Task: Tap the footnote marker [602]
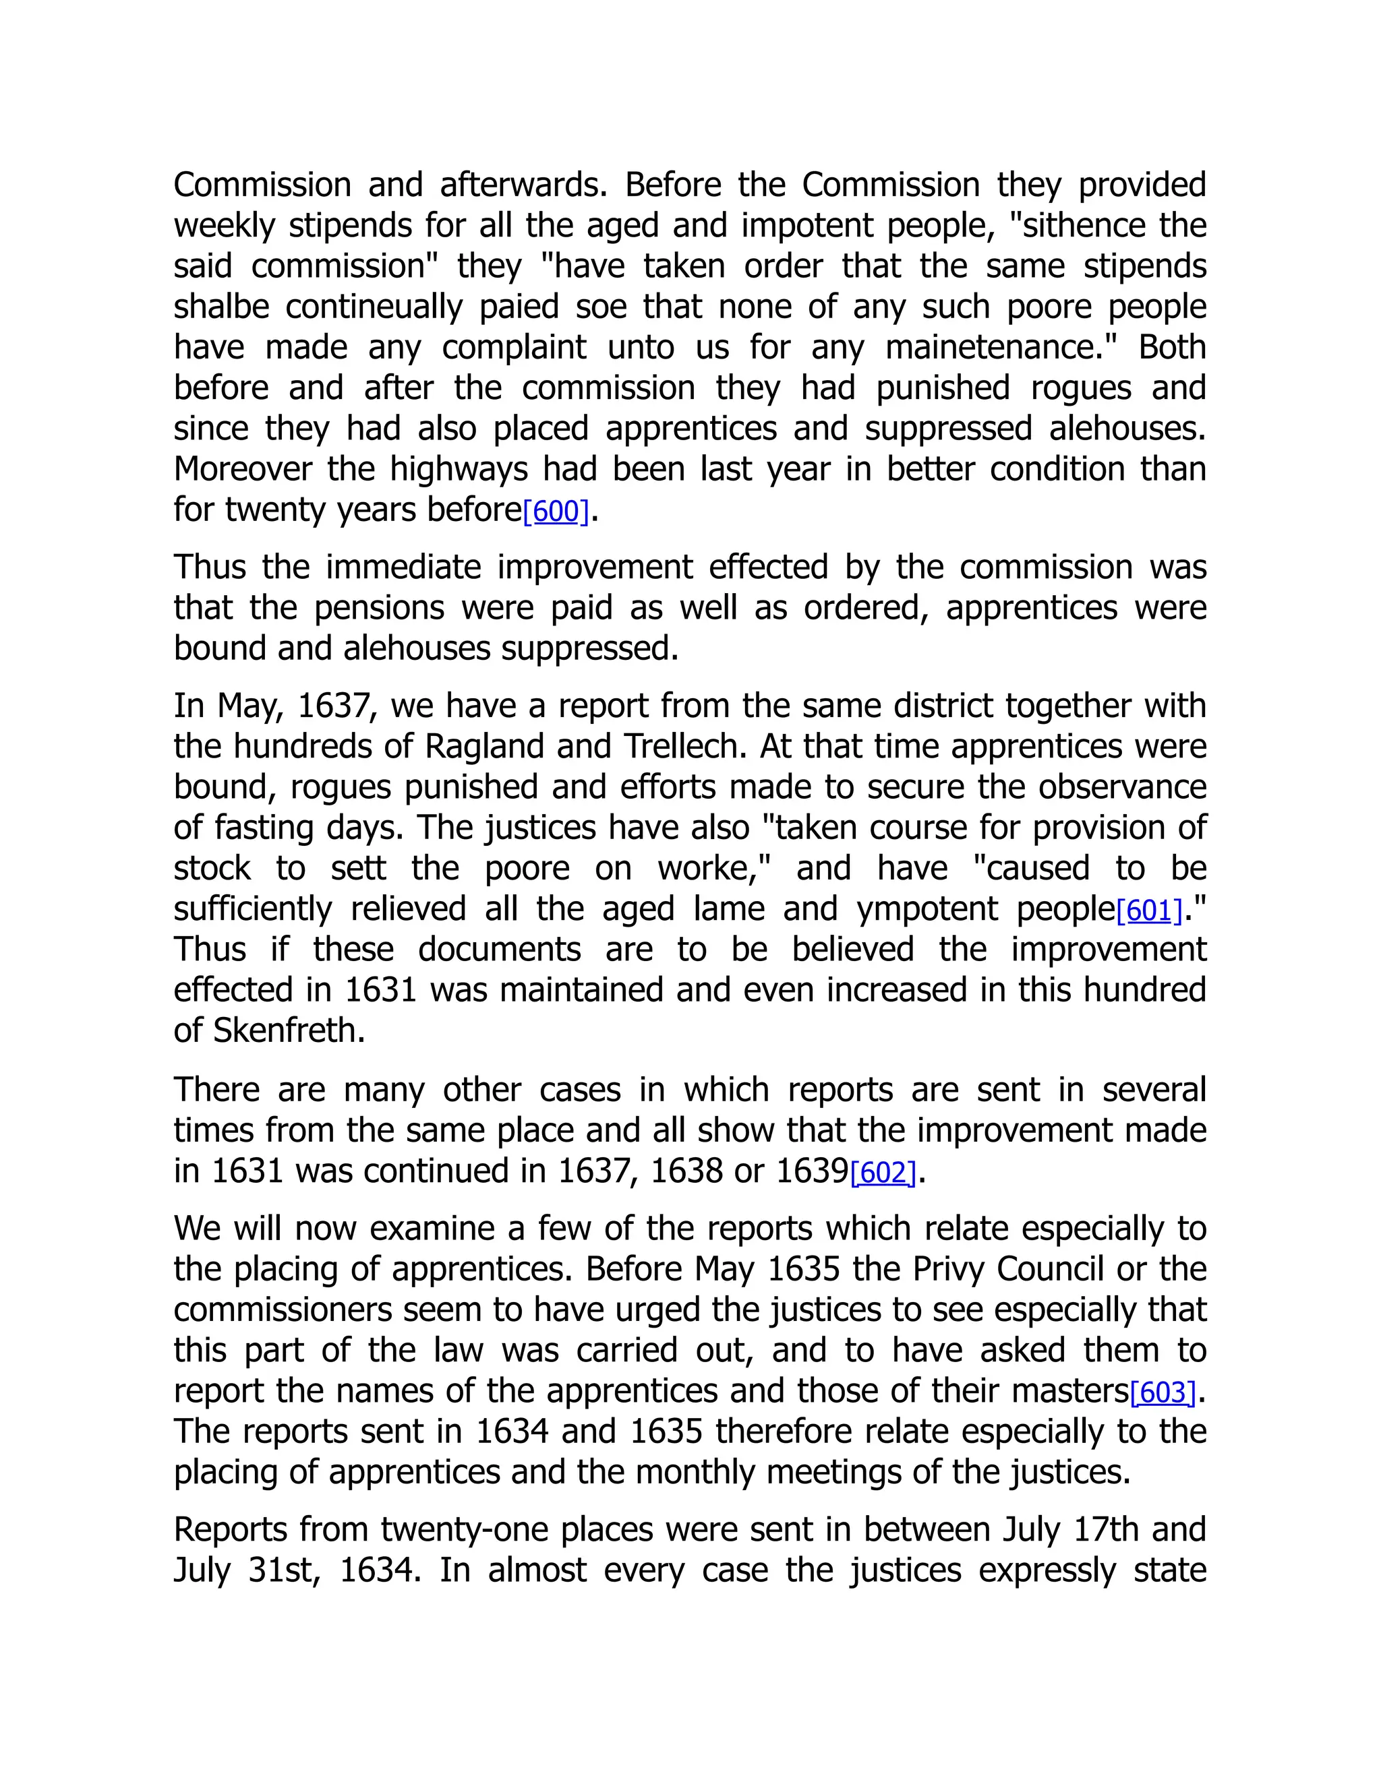point(883,1173)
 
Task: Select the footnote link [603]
point(1163,1392)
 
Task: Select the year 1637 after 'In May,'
point(336,706)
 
